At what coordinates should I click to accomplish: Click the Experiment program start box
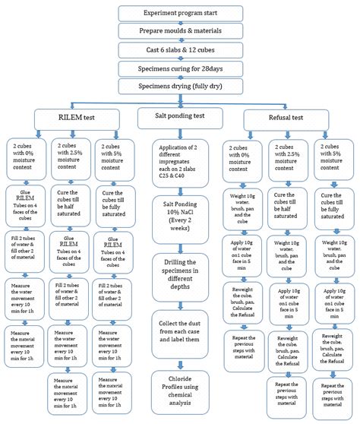180,13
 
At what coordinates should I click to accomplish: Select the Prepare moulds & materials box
180,32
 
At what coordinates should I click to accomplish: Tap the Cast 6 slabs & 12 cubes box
180,51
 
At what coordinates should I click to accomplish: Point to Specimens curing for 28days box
180,69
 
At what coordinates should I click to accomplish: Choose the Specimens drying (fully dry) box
180,87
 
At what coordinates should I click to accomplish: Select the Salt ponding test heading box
180,118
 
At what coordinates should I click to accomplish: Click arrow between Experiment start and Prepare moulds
180,23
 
